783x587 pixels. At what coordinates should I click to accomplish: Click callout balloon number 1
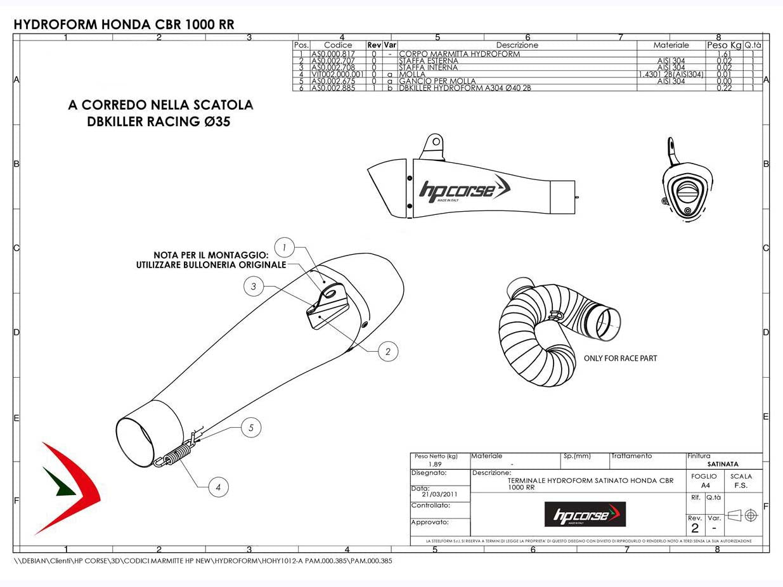(x=285, y=247)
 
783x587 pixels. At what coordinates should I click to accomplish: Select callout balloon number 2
(x=388, y=351)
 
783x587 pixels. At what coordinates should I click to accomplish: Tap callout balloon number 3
(x=254, y=287)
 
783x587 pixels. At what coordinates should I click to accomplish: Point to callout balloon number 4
(x=218, y=487)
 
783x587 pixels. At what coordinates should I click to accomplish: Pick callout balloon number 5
(x=251, y=429)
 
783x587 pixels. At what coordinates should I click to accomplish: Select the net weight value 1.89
(x=435, y=464)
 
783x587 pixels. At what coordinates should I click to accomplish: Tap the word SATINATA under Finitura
(x=723, y=464)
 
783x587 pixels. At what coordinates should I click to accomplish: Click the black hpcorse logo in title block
(x=585, y=514)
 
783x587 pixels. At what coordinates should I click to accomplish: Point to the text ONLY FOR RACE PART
(x=620, y=359)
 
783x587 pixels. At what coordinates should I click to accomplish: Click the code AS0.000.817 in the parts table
(x=332, y=55)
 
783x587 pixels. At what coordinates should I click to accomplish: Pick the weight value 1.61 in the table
(x=723, y=55)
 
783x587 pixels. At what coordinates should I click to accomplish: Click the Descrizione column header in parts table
(x=517, y=46)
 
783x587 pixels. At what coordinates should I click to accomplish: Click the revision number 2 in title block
(x=695, y=528)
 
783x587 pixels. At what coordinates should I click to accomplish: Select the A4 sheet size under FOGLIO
(x=696, y=486)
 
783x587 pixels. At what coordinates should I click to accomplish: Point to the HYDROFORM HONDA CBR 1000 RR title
(x=124, y=25)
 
